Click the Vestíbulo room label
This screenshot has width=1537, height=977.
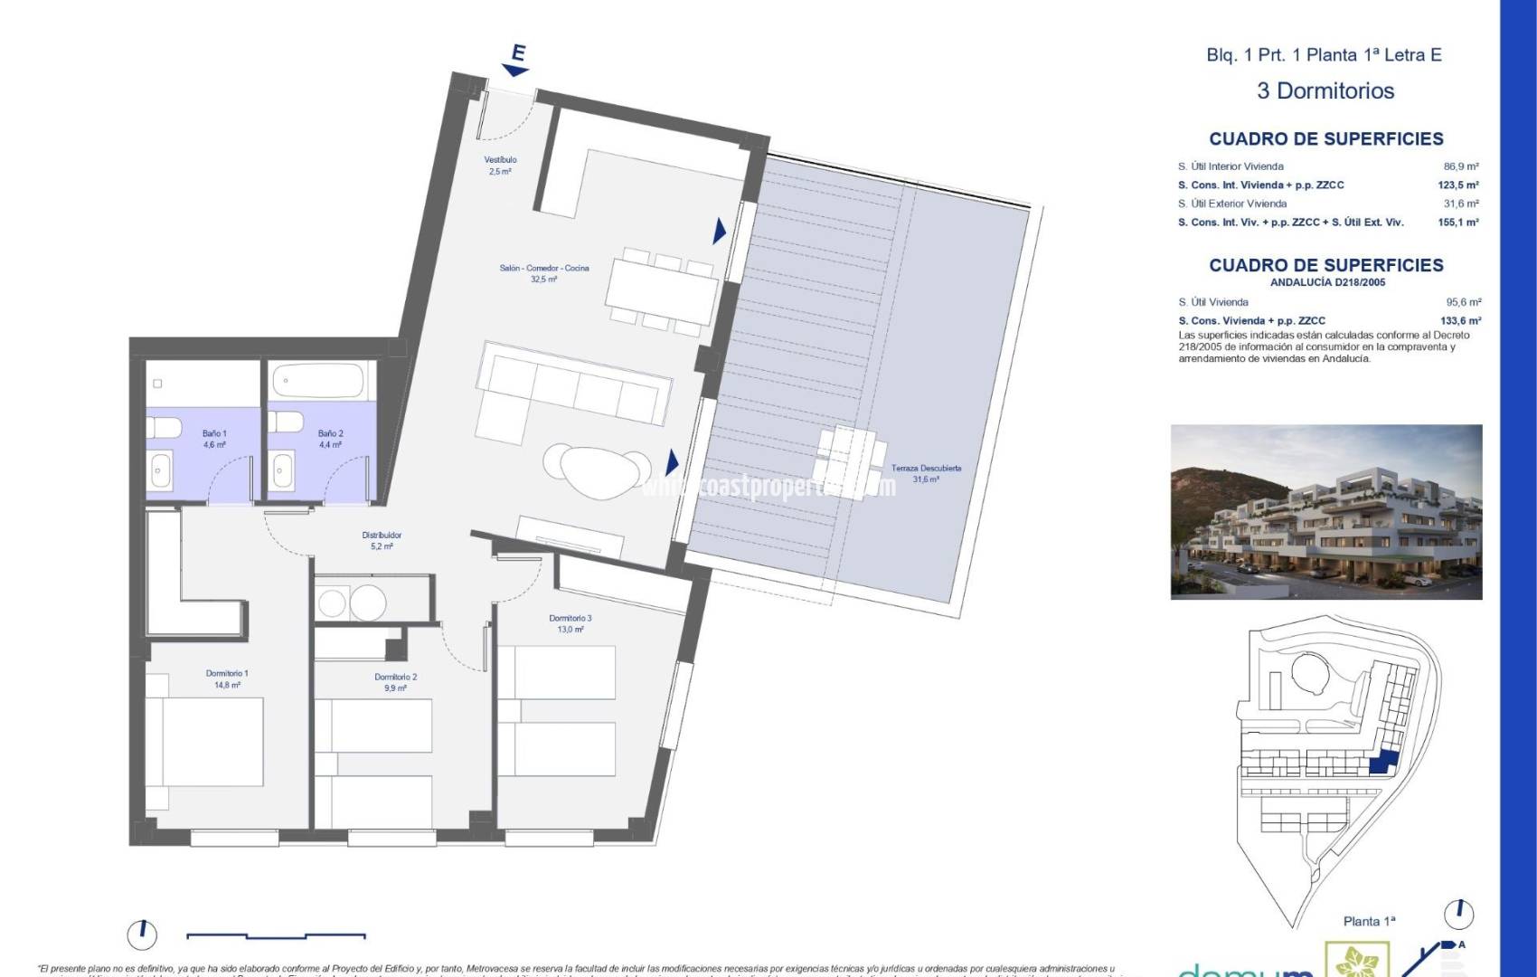500,165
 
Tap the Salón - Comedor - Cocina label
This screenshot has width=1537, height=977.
544,273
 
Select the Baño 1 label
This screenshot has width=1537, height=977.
214,439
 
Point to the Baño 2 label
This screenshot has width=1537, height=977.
330,439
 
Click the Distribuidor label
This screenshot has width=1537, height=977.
382,540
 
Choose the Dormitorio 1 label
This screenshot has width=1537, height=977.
227,678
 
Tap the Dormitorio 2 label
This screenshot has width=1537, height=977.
395,682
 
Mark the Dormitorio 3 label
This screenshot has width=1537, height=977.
570,623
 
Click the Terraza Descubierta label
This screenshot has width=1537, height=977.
926,473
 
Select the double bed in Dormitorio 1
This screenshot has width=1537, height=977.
205,742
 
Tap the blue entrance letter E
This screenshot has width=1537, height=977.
518,54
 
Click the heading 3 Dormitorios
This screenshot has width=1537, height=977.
1325,90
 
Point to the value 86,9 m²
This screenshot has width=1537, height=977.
1461,166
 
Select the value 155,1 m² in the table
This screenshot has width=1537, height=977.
1458,222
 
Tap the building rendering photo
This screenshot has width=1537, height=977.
1326,511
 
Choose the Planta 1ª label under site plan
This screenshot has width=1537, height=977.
1369,921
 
